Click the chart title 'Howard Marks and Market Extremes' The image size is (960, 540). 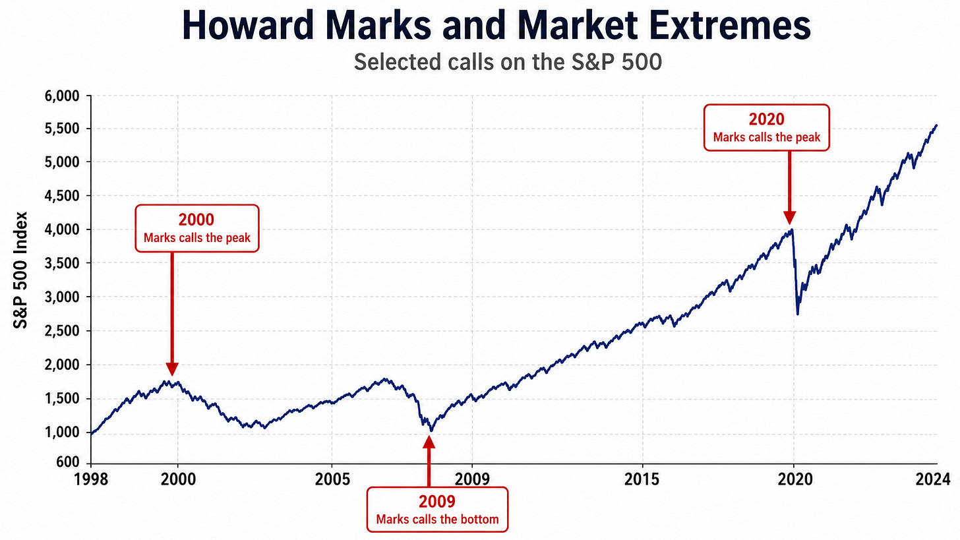coord(496,26)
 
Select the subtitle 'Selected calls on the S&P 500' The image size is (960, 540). coord(508,62)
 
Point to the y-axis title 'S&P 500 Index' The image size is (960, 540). coord(20,270)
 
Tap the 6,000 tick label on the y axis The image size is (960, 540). coord(62,96)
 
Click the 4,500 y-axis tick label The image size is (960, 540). coord(62,196)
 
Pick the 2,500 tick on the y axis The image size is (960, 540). coord(62,331)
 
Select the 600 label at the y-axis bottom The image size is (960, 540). coord(68,462)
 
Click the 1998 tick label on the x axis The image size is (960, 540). coord(91,479)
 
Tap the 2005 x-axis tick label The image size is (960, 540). coord(332,479)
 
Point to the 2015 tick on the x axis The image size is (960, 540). coord(642,479)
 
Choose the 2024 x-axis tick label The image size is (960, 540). coord(933,479)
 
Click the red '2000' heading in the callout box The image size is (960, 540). coord(196,220)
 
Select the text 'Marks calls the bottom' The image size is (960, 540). coord(438,520)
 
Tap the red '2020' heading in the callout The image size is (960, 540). coord(767,119)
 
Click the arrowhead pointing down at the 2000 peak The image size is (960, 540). coord(172,369)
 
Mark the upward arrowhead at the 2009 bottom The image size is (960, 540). coord(429,442)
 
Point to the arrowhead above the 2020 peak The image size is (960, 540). coord(789,218)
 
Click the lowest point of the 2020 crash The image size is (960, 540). coord(798,315)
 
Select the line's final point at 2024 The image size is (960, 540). coord(937,125)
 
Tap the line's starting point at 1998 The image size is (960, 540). coord(91,434)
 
